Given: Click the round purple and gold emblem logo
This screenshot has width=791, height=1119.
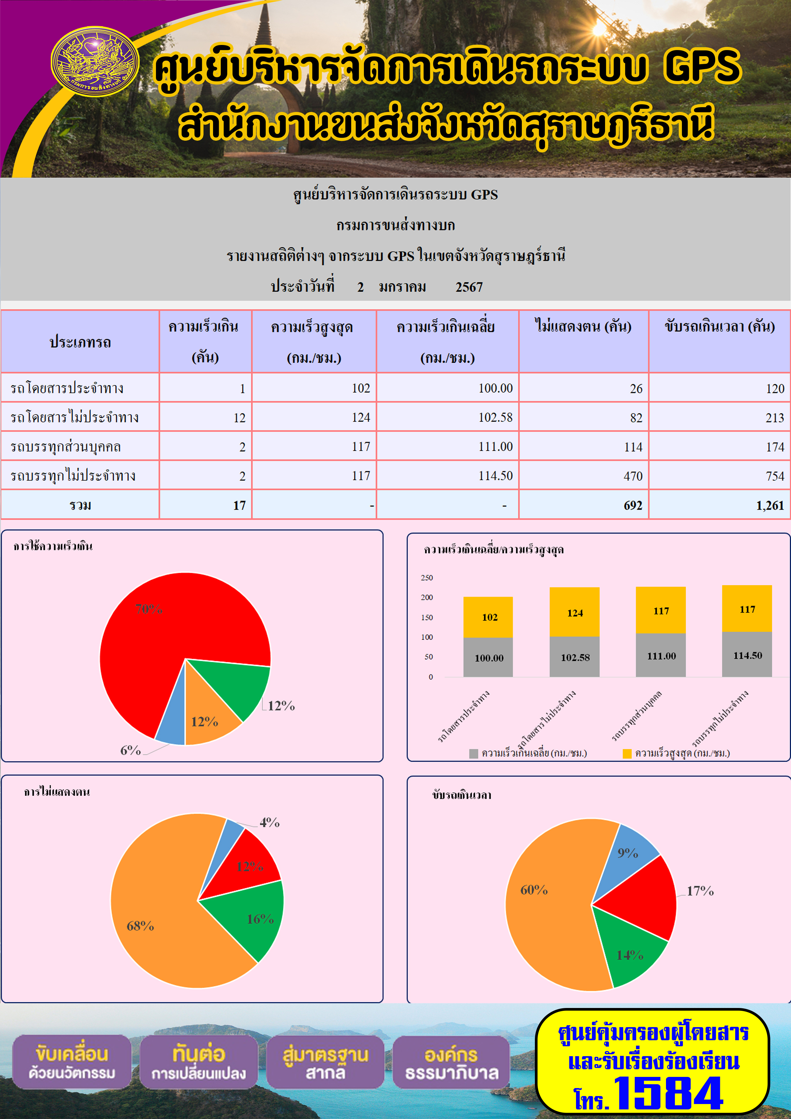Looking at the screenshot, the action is pos(95,62).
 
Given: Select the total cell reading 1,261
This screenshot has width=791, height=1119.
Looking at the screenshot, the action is pos(719,505).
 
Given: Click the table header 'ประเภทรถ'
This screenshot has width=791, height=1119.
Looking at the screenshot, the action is pos(80,342).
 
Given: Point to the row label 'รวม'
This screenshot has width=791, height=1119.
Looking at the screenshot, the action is pos(80,505).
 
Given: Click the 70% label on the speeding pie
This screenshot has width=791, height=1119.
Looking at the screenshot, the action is pos(149,609).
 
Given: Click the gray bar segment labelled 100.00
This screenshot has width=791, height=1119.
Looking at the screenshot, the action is pos(488,657).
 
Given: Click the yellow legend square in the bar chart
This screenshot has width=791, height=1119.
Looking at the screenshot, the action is pos(627,753).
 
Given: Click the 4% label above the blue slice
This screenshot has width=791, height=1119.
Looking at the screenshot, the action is pos(270,823).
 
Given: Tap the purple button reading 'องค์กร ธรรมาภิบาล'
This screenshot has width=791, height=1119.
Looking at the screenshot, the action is pos(451,1063).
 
